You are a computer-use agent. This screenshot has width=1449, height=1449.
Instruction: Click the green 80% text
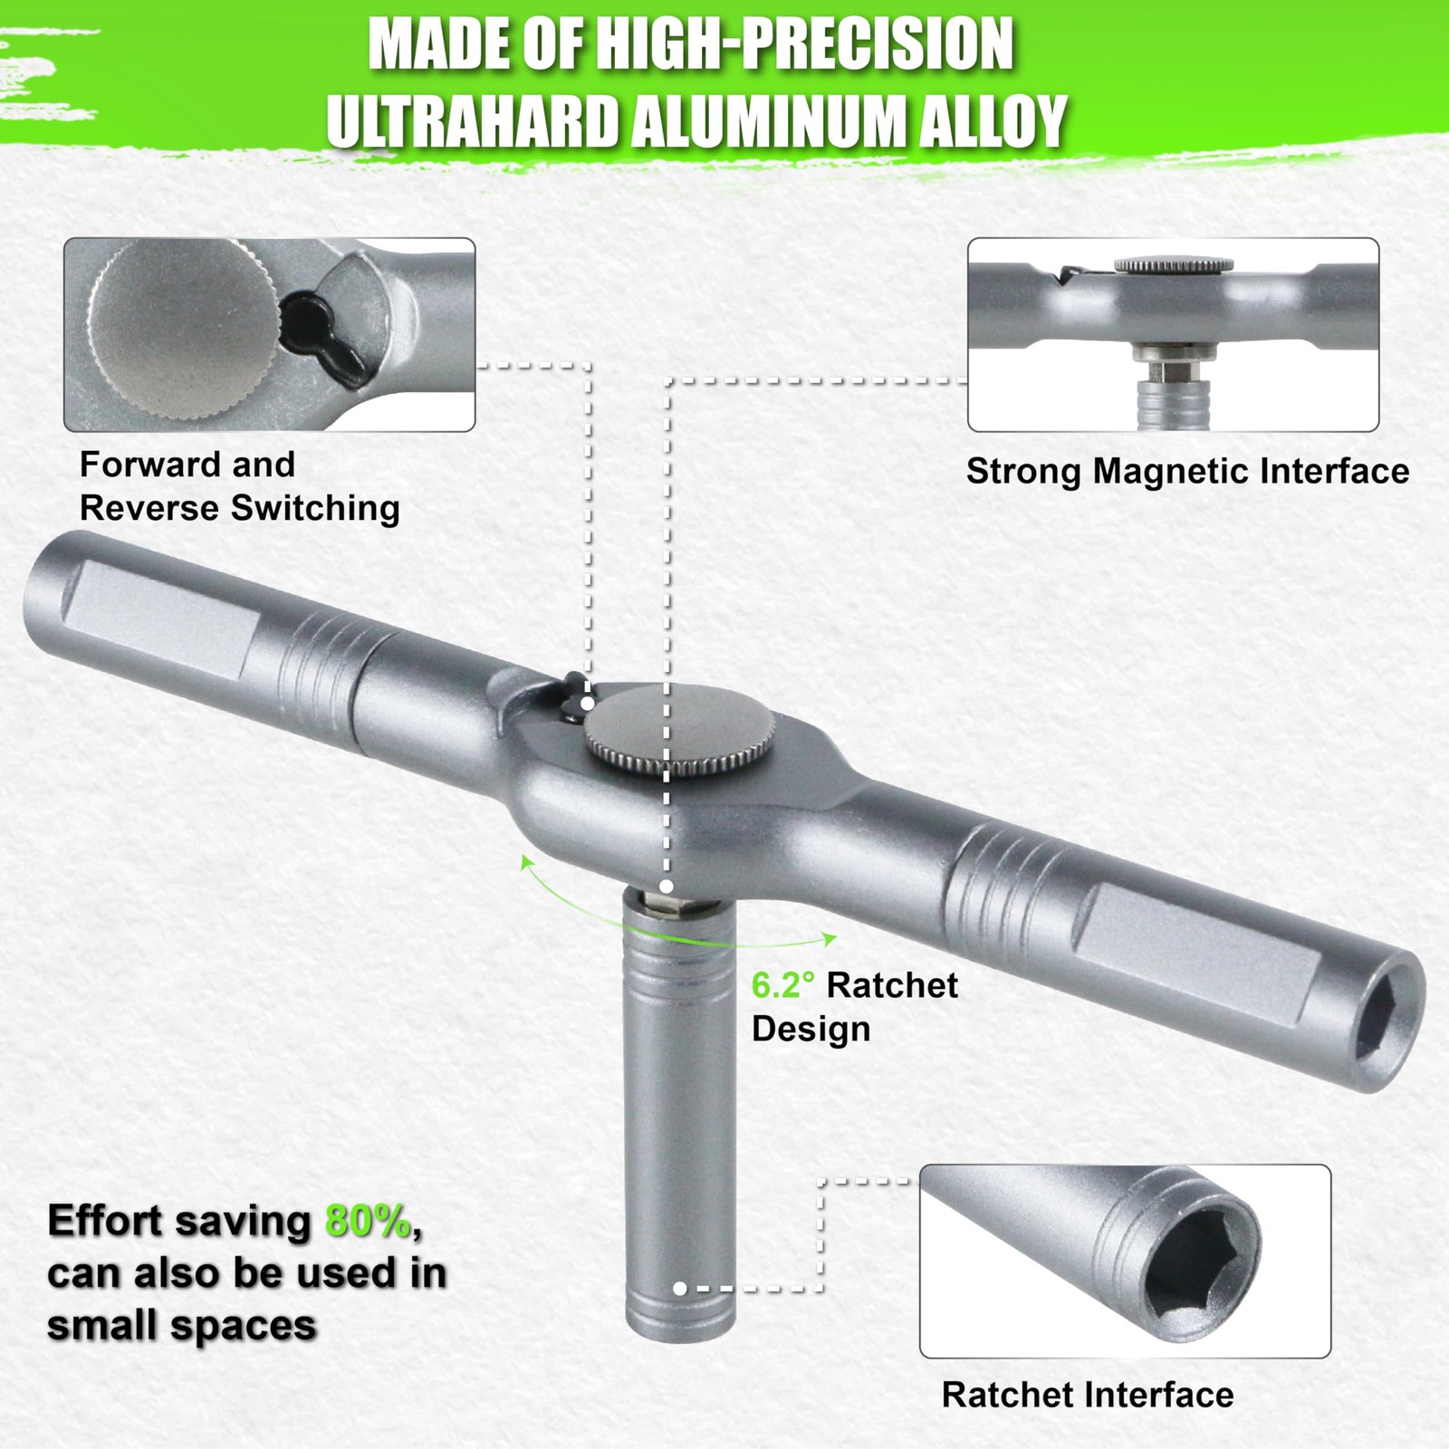point(369,1223)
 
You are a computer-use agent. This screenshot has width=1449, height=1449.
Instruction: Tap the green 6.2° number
point(782,985)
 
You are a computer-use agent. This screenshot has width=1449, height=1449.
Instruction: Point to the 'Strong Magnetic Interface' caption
point(1187,471)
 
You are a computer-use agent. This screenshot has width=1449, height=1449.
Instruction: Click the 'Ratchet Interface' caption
point(1088,1395)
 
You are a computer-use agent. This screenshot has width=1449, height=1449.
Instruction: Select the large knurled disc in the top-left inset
point(182,335)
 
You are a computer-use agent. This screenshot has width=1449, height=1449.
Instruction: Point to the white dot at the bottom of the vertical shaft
point(679,1288)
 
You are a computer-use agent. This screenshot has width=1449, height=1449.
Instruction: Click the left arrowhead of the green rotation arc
point(525,861)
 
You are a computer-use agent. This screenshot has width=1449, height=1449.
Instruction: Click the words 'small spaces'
point(181,1327)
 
